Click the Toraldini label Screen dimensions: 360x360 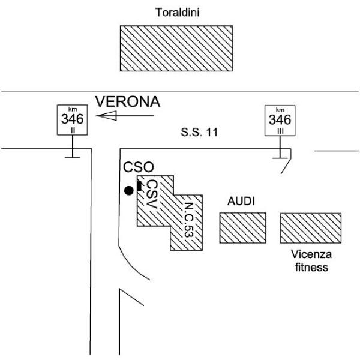[177, 13]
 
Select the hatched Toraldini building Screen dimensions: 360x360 [176, 48]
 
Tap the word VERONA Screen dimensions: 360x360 [128, 102]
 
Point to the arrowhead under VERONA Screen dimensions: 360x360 [107, 115]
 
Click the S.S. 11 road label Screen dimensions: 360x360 [199, 132]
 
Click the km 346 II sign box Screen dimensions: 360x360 [73, 120]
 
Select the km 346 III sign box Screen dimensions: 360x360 [280, 121]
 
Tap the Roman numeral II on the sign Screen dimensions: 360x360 [73, 131]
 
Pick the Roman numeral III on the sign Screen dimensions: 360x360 [280, 131]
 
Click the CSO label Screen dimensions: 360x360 [139, 167]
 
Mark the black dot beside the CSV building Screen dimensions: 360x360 [128, 191]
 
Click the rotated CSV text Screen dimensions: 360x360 [152, 194]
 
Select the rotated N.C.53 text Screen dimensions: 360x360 [189, 220]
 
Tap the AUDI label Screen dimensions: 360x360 [241, 202]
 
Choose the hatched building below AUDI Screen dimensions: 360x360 [242, 228]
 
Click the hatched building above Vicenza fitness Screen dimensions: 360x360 [311, 228]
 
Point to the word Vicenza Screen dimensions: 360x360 [311, 254]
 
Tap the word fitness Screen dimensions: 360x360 [311, 268]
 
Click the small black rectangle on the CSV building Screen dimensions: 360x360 [139, 185]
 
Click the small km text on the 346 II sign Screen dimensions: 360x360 [73, 109]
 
